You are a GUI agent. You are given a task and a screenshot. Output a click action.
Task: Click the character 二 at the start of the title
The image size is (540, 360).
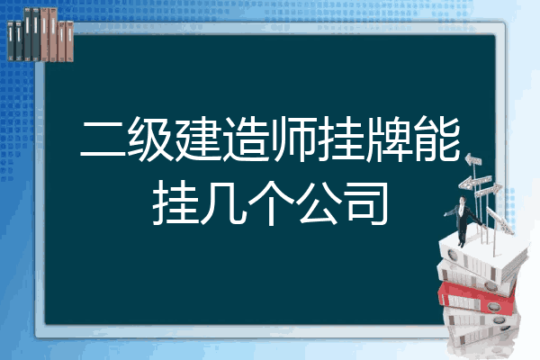point(103,139)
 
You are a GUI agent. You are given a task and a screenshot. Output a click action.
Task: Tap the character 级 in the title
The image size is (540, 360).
point(150,139)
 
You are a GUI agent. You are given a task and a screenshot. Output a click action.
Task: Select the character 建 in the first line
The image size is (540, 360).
point(198,139)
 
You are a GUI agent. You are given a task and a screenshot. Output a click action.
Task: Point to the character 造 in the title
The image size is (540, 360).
point(246,139)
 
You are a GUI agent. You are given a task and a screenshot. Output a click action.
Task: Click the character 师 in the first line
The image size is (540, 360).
point(293,139)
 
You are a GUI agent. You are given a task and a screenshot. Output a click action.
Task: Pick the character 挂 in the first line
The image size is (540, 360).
point(341,139)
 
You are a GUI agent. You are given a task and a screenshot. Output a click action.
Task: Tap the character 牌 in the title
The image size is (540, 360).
point(389,139)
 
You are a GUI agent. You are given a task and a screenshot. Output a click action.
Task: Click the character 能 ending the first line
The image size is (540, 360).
point(436,139)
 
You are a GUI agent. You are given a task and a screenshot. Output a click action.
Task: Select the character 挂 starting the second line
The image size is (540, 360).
point(175,203)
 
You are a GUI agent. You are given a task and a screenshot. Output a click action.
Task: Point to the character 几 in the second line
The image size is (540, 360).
point(223,203)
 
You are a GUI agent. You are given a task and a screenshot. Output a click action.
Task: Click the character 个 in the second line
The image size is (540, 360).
point(270,203)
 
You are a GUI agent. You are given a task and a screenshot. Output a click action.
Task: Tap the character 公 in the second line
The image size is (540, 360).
point(319,203)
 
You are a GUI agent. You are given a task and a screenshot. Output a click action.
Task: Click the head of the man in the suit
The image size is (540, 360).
point(463,200)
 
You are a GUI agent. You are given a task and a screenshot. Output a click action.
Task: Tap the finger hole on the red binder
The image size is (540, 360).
point(492,306)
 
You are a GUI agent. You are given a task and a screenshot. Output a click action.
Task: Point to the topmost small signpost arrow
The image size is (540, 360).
point(472,160)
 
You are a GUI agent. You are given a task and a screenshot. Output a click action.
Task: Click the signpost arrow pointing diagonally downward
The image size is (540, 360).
point(499,220)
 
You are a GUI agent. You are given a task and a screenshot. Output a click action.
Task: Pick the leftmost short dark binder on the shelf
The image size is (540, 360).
point(11,41)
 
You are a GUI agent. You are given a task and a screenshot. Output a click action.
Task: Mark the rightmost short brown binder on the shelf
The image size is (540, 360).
point(69,41)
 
